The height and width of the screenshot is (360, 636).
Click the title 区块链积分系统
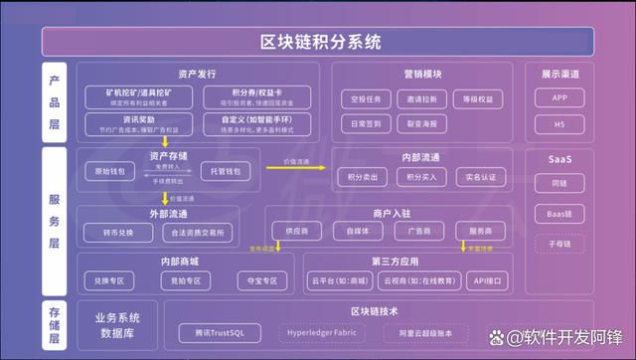[318, 42]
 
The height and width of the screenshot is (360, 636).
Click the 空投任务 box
[362, 99]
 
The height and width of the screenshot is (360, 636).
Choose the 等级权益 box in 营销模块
[473, 99]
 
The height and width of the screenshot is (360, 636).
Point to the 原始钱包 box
[106, 171]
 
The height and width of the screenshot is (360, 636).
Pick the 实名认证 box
[473, 176]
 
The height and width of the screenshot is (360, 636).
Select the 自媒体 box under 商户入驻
[351, 230]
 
